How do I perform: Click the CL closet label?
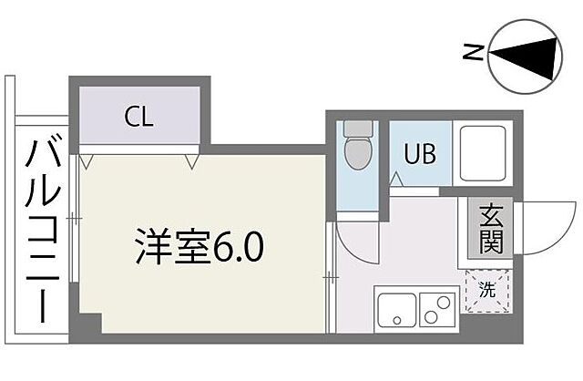(139, 117)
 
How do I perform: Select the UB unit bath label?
(420, 153)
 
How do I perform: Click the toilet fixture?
(355, 151)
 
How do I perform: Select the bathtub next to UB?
(483, 152)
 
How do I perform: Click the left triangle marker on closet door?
(86, 162)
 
